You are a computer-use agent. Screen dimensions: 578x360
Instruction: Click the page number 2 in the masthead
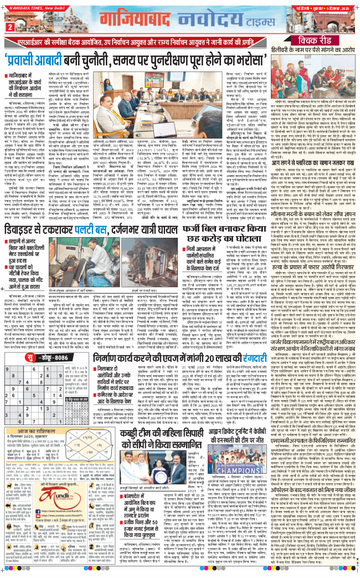(9, 27)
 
